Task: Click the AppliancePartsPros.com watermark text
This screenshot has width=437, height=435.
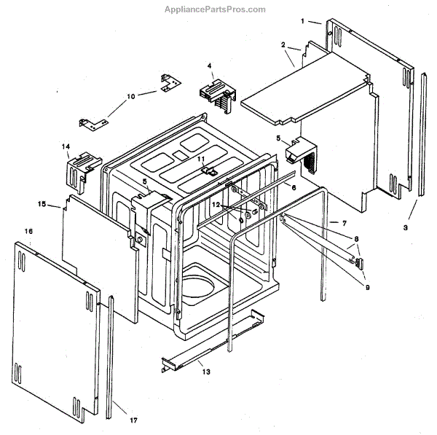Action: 218,9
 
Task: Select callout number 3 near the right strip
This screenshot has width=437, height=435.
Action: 406,227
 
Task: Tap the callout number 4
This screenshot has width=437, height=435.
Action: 210,66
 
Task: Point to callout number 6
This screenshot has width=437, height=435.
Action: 294,187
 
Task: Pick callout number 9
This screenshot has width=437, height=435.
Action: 367,286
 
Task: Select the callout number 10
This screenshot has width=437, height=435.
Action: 131,95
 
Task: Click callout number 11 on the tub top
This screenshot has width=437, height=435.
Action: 201,159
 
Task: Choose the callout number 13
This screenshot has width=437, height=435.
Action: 206,372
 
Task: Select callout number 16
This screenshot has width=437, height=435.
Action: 28,231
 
